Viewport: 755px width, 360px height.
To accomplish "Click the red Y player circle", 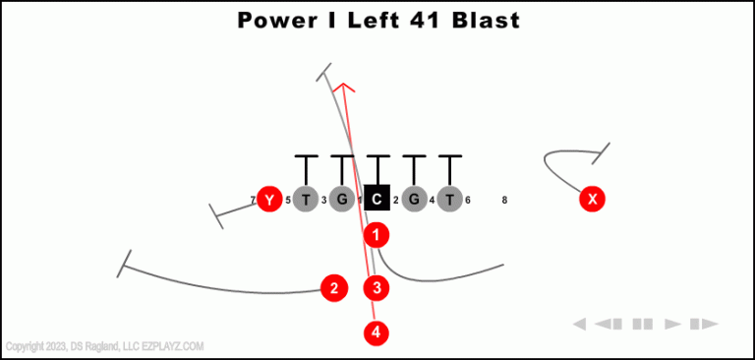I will point(269,200).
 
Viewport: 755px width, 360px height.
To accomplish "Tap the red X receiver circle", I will point(592,200).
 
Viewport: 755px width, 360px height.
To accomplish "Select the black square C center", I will point(377,200).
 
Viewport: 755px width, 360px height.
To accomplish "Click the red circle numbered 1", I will point(377,235).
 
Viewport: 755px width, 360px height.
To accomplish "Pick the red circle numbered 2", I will point(334,288).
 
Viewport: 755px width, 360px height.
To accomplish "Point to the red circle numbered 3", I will point(377,288).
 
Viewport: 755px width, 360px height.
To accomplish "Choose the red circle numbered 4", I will point(377,332).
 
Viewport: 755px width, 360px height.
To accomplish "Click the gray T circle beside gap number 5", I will point(306,200).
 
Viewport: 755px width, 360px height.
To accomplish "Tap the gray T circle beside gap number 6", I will point(449,200).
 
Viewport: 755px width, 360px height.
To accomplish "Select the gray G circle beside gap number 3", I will point(341,200).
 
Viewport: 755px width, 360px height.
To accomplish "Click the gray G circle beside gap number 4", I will point(414,200).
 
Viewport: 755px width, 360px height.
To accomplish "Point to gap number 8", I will point(504,201).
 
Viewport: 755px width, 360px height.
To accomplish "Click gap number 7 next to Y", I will point(253,201).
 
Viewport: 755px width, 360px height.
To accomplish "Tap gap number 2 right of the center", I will point(395,201).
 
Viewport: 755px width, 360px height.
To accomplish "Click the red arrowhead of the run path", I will point(342,89).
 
